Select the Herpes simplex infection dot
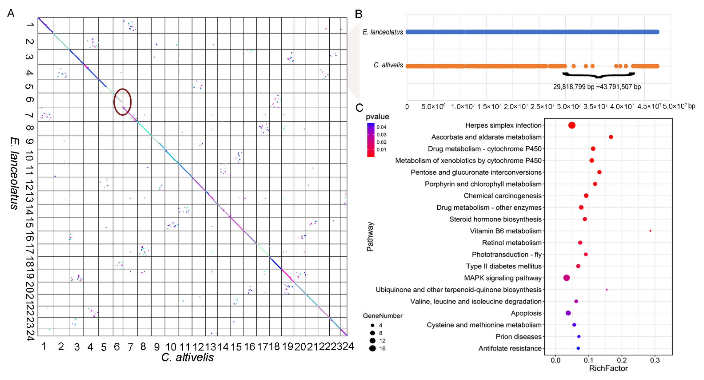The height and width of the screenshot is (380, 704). [x=572, y=125]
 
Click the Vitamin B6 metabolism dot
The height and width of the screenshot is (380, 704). [x=650, y=231]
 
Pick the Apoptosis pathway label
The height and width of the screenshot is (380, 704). [x=526, y=313]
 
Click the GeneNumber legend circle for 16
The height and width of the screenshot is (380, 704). [x=372, y=348]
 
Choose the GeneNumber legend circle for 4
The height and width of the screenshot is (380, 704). [x=372, y=325]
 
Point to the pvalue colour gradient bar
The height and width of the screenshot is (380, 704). [x=371, y=140]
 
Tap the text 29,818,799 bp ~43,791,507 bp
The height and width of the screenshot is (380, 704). [x=597, y=87]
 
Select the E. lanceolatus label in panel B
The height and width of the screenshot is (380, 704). [x=383, y=32]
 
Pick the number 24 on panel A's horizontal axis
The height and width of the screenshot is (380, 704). [x=348, y=346]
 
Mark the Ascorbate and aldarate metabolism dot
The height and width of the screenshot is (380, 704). [x=611, y=137]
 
